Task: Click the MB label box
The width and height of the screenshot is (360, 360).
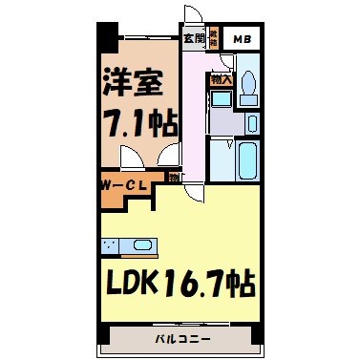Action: [244, 40]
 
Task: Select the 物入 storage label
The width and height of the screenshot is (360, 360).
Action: [221, 79]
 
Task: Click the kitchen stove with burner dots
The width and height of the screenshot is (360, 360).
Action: [112, 245]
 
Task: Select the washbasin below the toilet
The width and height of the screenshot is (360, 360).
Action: [252, 123]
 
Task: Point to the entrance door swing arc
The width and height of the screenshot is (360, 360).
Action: [192, 17]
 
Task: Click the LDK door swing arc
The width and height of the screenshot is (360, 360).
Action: [194, 193]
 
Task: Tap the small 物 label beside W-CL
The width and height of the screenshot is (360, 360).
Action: [173, 177]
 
